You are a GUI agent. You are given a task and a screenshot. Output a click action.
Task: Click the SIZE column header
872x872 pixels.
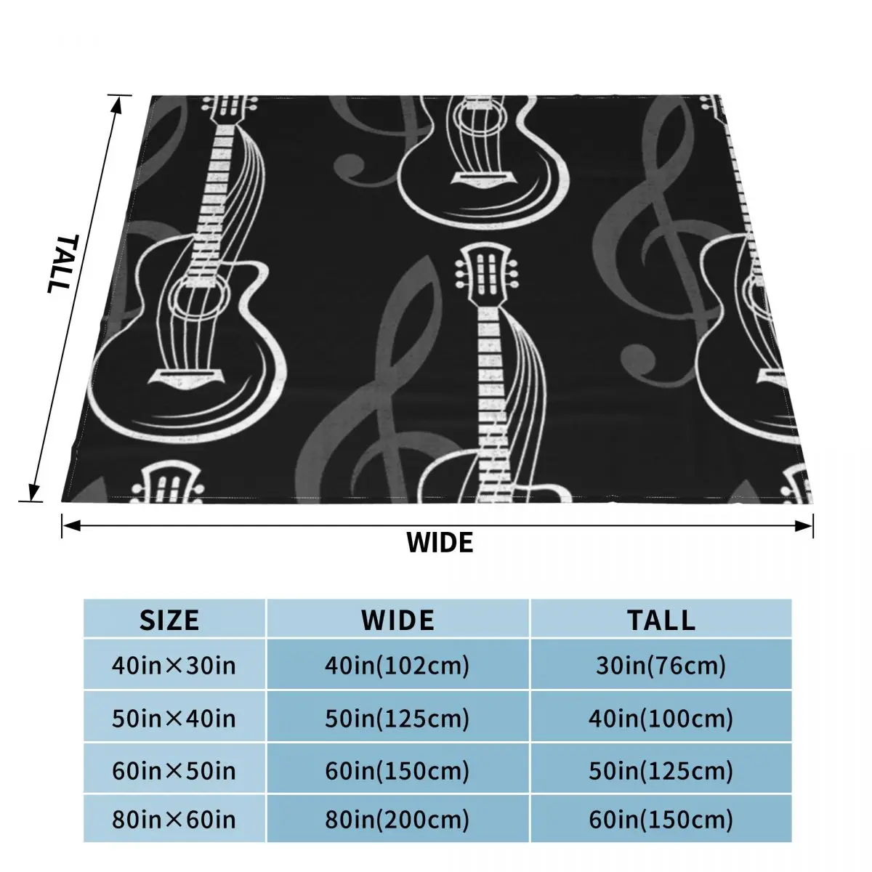[x=169, y=621]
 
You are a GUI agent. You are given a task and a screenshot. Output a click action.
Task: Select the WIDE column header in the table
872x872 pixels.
[x=397, y=621]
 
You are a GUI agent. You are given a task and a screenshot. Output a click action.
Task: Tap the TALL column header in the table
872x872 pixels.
[x=661, y=621]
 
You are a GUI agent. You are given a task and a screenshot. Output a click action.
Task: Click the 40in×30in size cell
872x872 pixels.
[x=174, y=666]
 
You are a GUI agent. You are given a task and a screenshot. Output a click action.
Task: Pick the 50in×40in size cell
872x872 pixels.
[x=174, y=719]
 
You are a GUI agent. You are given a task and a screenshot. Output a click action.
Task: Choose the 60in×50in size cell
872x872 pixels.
[x=174, y=771]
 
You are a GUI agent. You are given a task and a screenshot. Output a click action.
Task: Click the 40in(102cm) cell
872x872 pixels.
[x=397, y=666]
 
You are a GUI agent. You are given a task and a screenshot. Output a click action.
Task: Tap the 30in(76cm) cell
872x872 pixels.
[x=661, y=666]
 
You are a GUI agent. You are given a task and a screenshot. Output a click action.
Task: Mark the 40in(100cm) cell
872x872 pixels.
[x=661, y=719]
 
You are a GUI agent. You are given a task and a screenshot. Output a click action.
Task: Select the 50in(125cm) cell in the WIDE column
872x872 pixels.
[x=397, y=719]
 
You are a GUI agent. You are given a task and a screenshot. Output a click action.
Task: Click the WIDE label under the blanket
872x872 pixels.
[x=440, y=543]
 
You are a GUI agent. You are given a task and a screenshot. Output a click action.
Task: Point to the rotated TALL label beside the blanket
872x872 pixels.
[x=63, y=263]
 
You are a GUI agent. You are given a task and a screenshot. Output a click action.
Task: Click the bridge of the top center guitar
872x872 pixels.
[x=482, y=179]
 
